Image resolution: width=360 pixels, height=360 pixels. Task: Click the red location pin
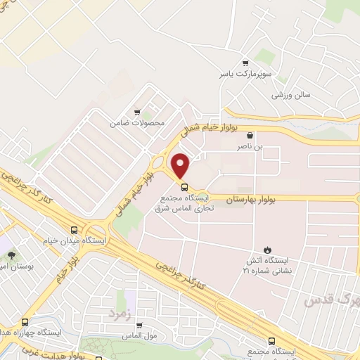coord(181,165)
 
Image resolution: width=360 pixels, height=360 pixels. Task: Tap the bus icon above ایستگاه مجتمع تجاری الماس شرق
coord(185,188)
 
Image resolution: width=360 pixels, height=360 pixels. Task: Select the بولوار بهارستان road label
coord(250,199)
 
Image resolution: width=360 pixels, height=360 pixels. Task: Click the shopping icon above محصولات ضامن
coord(137,112)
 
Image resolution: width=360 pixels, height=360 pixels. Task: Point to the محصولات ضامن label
coord(136,123)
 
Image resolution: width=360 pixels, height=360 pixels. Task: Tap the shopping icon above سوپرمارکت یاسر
coord(245,63)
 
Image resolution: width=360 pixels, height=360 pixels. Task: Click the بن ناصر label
coord(252,147)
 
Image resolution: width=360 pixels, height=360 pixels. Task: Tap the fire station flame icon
coord(267,250)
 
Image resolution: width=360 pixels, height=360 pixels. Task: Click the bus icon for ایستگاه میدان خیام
coord(75,229)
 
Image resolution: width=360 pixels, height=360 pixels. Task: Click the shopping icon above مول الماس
coord(139,326)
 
